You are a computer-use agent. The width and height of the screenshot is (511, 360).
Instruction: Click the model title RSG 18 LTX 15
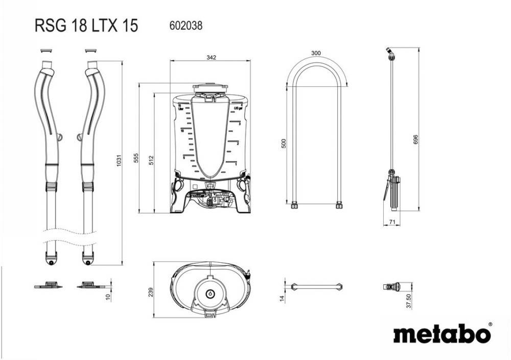point(86,26)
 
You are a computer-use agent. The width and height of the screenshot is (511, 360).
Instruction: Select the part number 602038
point(185,25)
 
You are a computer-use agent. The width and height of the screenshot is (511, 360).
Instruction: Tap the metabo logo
point(443,334)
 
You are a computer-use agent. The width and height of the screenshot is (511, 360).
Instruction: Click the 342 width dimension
point(211,57)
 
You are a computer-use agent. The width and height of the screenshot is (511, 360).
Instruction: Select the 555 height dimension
point(136,158)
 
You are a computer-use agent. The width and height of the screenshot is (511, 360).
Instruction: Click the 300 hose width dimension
point(316,53)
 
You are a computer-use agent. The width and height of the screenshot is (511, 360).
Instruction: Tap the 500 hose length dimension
point(284,144)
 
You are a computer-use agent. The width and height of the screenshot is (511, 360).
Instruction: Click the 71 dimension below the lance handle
point(391,221)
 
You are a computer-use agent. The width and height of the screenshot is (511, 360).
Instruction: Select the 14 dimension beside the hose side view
point(282,298)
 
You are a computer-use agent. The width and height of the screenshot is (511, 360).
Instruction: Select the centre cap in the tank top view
point(210,294)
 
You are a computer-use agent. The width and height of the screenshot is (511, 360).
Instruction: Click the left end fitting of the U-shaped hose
point(294,206)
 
